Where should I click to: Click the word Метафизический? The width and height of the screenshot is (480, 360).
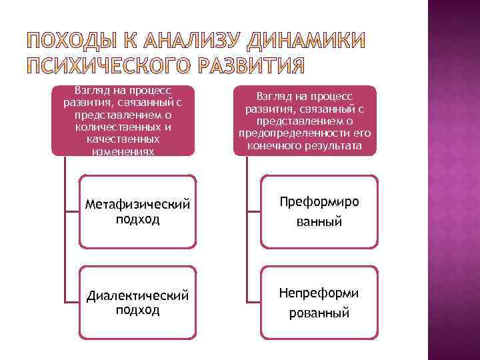(x=137, y=203)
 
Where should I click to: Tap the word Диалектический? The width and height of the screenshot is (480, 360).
(x=137, y=295)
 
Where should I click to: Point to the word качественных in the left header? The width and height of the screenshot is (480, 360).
(x=123, y=139)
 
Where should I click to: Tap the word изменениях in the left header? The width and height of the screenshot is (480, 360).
(x=123, y=151)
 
